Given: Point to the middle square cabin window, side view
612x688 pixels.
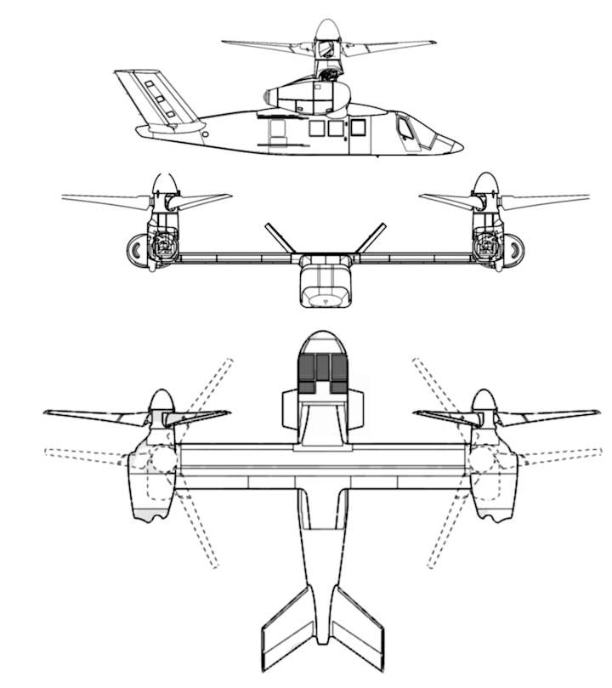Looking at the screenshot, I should [336, 128].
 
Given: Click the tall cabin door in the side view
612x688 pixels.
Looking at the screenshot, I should [359, 136].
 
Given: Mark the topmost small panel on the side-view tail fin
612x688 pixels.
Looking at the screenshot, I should [150, 84].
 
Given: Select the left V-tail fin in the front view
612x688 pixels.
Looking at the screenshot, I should [279, 238].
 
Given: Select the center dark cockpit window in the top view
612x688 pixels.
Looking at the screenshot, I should [323, 372].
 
